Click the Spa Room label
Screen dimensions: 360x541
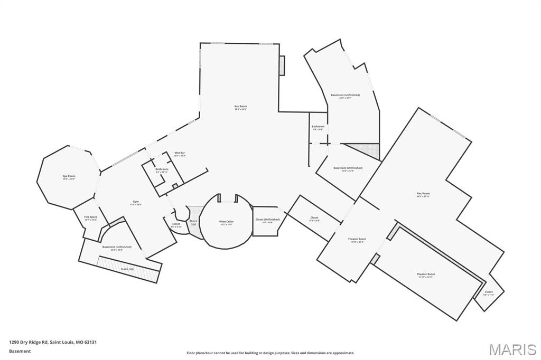[x=69, y=176]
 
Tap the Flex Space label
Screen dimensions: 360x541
[x=91, y=217]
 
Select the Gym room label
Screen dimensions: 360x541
[x=136, y=203]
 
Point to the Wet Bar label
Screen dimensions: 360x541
[x=180, y=153]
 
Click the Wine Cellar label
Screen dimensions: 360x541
[x=226, y=222]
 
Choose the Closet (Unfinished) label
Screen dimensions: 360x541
[x=267, y=220]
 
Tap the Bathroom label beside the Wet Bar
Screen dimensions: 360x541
[x=162, y=169]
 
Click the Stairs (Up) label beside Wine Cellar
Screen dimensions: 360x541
[x=193, y=222]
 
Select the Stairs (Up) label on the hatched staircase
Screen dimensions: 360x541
[x=128, y=269]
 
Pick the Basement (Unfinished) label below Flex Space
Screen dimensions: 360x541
[x=117, y=247]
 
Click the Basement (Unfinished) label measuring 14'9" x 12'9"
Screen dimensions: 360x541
[x=348, y=168]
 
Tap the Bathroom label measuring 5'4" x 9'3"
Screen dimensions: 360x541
[x=318, y=127]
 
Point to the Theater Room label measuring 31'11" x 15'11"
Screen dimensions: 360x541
[x=426, y=274]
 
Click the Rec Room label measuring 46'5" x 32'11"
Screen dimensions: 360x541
[x=423, y=194]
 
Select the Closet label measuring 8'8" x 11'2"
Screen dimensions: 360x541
[x=489, y=292]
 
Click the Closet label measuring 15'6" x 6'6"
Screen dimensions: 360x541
[x=314, y=218]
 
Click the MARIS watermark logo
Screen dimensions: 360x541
[x=512, y=349]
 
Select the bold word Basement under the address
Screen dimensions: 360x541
[x=20, y=351]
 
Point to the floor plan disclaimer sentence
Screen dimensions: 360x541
[x=270, y=353]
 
